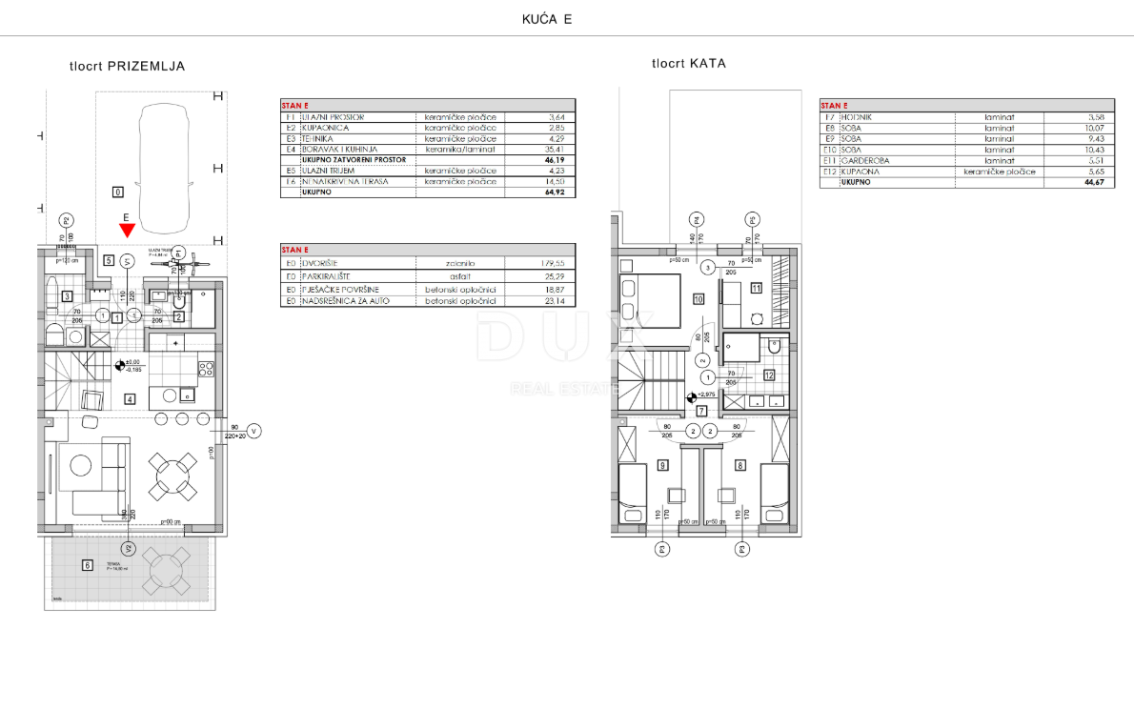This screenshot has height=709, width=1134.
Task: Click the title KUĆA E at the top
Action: (x=547, y=19)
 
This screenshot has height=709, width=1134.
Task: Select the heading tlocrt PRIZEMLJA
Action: (x=127, y=67)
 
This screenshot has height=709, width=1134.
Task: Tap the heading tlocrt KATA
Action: (x=688, y=64)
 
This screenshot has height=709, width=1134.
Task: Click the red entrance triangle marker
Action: (x=127, y=230)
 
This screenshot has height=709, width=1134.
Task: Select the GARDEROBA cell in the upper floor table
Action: (x=864, y=161)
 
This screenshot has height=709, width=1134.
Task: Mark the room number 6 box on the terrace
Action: (x=88, y=565)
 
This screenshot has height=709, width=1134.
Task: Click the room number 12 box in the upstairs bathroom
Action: (x=768, y=375)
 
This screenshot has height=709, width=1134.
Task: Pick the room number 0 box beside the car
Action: (x=117, y=192)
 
